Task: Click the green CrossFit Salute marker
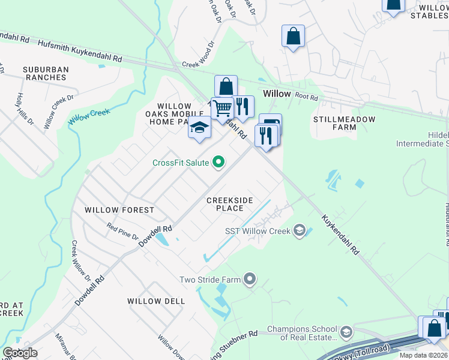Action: [x=219, y=162]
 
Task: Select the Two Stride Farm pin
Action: [x=250, y=279]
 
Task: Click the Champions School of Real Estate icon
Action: [x=346, y=332]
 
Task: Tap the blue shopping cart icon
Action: [x=222, y=109]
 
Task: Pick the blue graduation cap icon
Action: [x=199, y=128]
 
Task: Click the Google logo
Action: [x=20, y=353]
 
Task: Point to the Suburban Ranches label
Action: [x=46, y=74]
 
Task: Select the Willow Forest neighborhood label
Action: [x=119, y=210]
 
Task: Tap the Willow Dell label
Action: [x=156, y=301]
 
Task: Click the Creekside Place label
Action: [x=229, y=204]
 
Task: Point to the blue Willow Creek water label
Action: [x=91, y=112]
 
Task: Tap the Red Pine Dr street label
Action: [x=122, y=231]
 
